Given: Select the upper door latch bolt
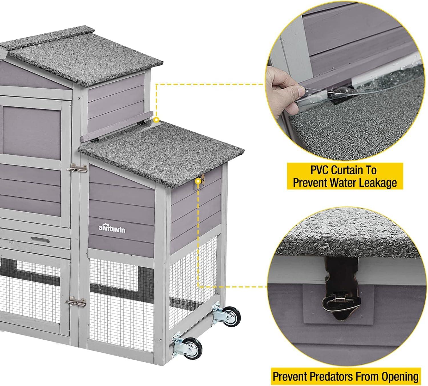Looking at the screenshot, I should pos(77,169).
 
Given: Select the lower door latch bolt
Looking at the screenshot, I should pos(76,303).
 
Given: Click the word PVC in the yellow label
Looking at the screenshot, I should pos(320,170).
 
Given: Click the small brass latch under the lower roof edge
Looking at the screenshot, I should pos(203,178).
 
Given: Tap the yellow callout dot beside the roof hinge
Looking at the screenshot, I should pos(156,120).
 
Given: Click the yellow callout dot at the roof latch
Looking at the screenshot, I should pos(197,181).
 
